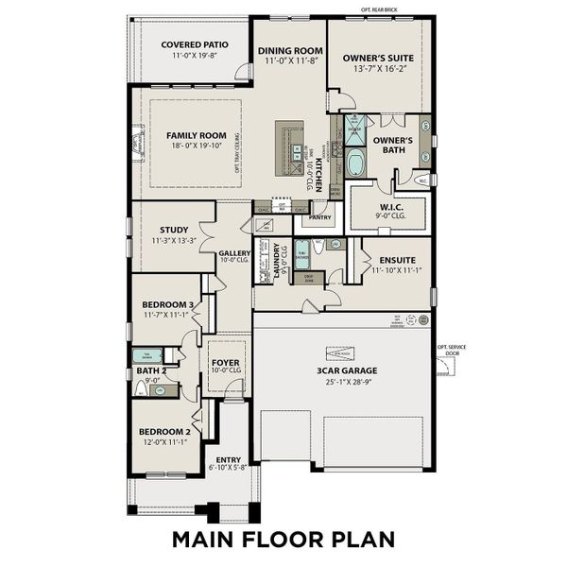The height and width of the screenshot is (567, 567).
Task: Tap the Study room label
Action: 174,230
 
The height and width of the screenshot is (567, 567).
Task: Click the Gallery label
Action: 234,253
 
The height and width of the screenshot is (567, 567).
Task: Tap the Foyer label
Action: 226,362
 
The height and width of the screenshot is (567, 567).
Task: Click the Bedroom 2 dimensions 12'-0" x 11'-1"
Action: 164,441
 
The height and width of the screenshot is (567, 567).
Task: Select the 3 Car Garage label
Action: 341,372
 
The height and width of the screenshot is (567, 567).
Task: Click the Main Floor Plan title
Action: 283,540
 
